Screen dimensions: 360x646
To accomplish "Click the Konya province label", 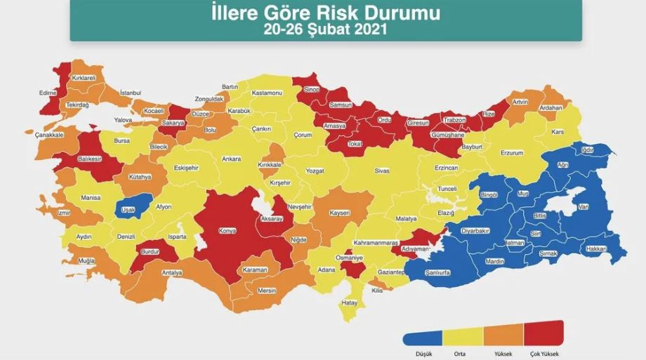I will tap(228, 230).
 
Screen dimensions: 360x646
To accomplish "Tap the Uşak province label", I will tap(128, 209).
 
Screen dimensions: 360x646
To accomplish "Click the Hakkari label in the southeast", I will tap(596, 248).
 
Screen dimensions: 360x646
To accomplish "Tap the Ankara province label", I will tap(232, 159).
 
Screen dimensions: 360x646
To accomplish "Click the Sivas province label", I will tap(381, 171).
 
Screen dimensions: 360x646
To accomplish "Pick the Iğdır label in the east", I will tap(588, 149).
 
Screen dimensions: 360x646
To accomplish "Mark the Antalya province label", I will tap(172, 272).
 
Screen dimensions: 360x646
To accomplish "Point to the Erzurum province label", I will tap(512, 152).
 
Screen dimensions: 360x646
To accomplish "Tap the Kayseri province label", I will tap(340, 212).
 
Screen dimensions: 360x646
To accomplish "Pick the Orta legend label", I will tap(461, 353).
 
